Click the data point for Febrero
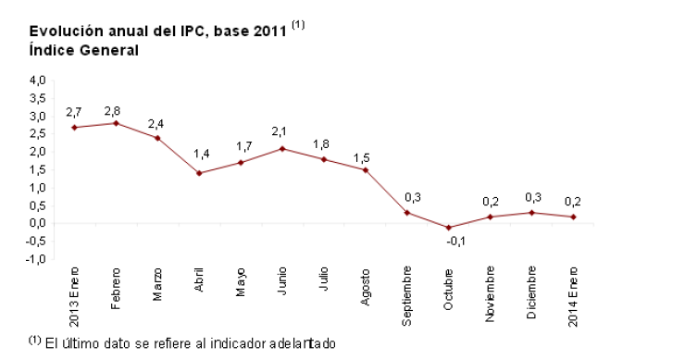coord(116,123)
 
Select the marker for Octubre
coord(449,227)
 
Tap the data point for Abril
coord(199,173)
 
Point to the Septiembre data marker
coord(407,212)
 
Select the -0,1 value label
coord(455,241)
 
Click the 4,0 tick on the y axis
coord(38,81)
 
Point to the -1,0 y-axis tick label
coord(36,259)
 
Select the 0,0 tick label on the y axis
coord(38,223)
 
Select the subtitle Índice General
coord(84,50)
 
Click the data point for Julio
coord(324,159)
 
